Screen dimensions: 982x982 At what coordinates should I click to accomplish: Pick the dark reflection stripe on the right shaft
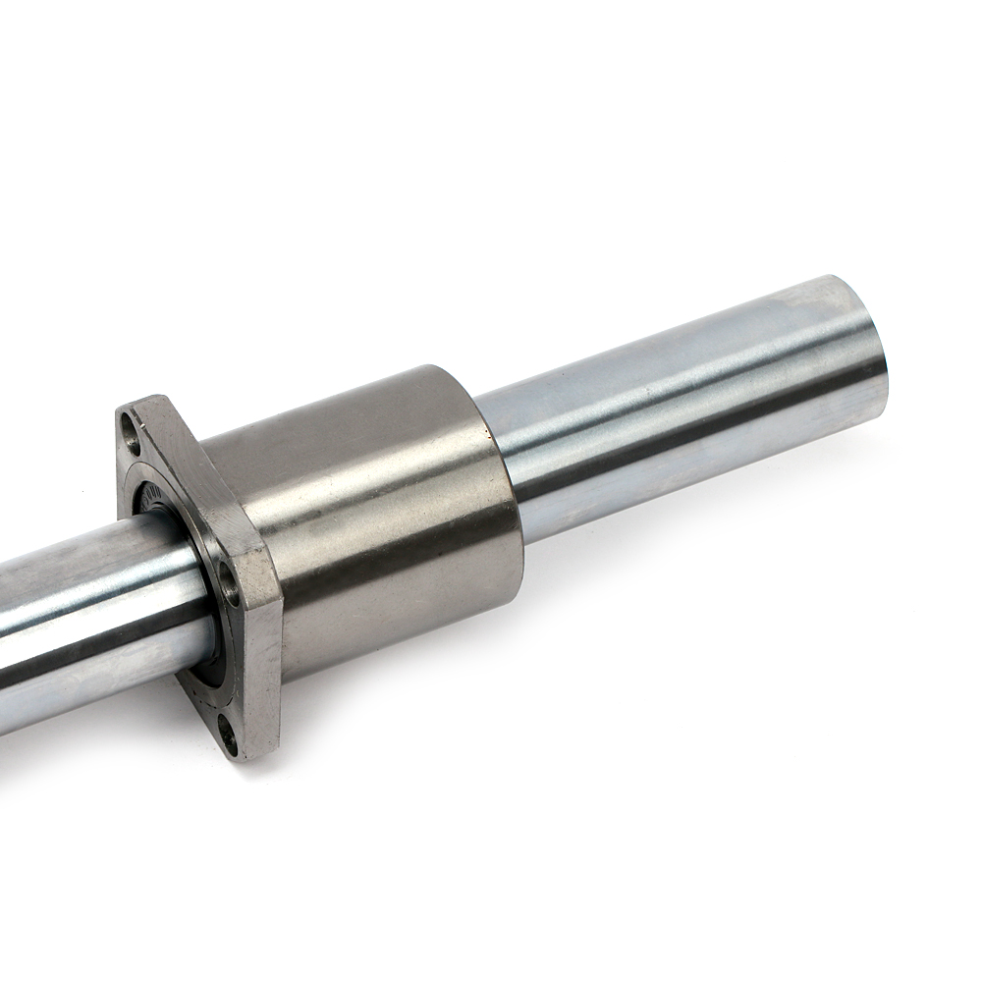(707, 432)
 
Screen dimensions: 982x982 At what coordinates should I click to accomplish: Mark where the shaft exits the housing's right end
(501, 462)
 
